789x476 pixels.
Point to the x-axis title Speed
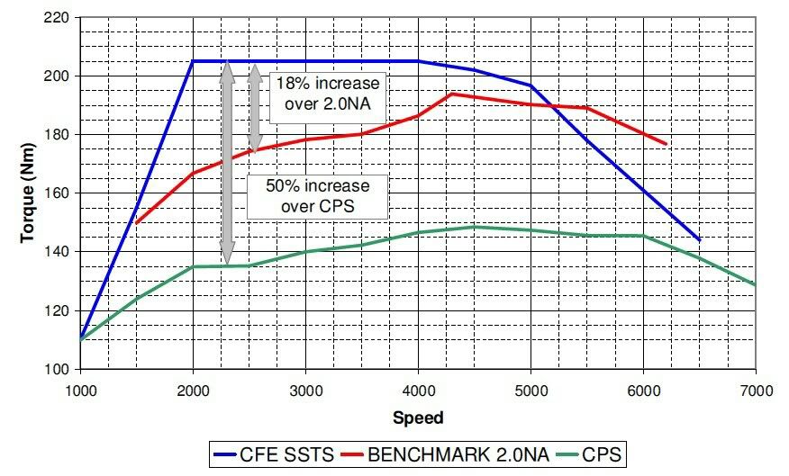(x=418, y=418)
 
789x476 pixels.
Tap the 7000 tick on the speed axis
(x=755, y=391)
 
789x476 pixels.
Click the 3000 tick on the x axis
(x=306, y=391)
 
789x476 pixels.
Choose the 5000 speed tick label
(x=531, y=391)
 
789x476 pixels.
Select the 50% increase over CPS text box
(x=318, y=196)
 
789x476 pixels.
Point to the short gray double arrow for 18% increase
(x=255, y=112)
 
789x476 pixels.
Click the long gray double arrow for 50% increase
(x=228, y=162)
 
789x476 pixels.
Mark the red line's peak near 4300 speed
(x=452, y=94)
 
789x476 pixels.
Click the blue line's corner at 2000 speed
(x=193, y=61)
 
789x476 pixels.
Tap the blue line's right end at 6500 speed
(x=699, y=240)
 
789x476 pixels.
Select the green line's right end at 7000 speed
(x=755, y=284)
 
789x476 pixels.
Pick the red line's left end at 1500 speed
(x=137, y=222)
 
